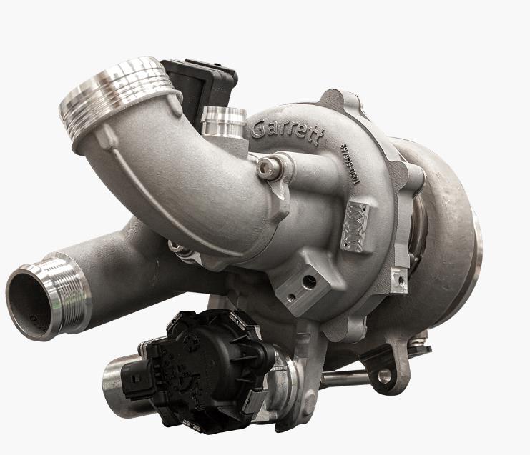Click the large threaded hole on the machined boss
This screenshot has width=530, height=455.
308,284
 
